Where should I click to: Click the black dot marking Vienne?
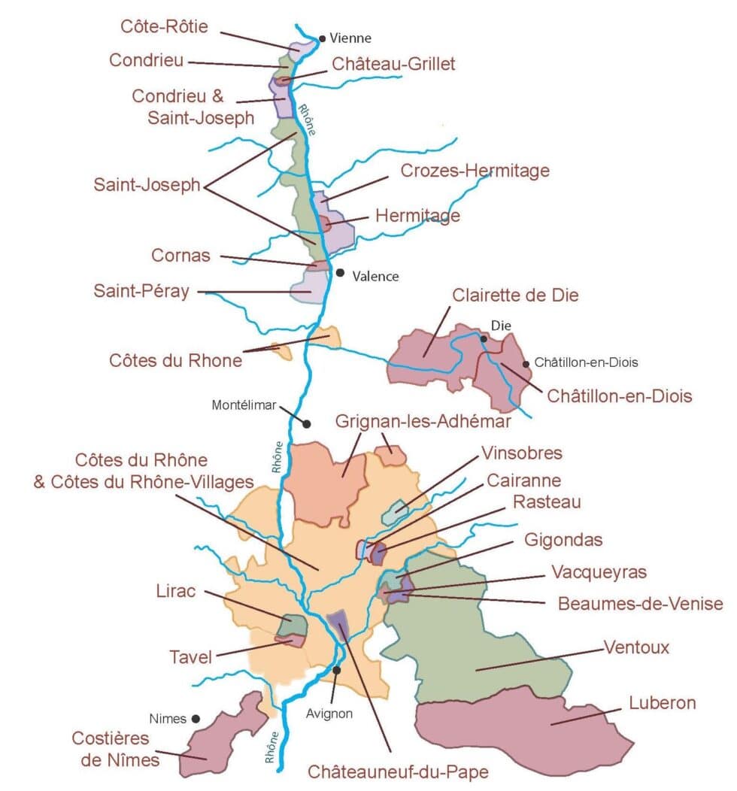point(322,38)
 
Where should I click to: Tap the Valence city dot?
point(340,273)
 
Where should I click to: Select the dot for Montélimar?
point(306,423)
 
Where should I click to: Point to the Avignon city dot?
point(336,669)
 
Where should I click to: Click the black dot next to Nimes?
point(196,718)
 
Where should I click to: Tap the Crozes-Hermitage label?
point(475,171)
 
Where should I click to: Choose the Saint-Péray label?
point(141,291)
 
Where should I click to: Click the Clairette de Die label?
point(515,295)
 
